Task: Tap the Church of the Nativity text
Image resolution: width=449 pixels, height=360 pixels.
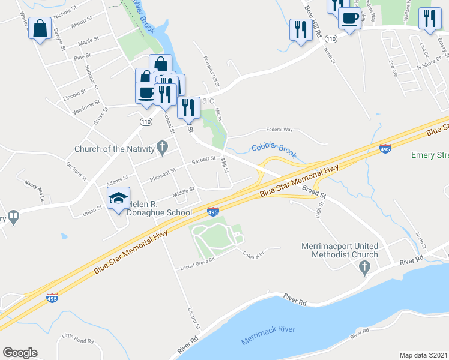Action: tap(115, 149)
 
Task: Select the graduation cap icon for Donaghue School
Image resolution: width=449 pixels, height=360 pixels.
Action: tap(118, 198)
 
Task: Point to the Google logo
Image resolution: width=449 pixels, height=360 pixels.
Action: tap(20, 353)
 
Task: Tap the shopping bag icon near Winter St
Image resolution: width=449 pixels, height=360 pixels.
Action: tap(40, 29)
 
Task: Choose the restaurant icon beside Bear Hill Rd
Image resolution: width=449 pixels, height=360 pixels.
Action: tap(299, 29)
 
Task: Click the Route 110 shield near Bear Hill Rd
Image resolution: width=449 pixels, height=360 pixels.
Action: tap(332, 38)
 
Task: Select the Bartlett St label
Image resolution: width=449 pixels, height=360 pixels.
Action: tap(203, 160)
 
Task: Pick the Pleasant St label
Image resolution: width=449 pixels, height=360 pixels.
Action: tap(162, 173)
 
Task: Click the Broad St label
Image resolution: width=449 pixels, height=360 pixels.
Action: tap(314, 193)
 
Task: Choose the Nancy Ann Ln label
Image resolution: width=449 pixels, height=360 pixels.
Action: tap(35, 188)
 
